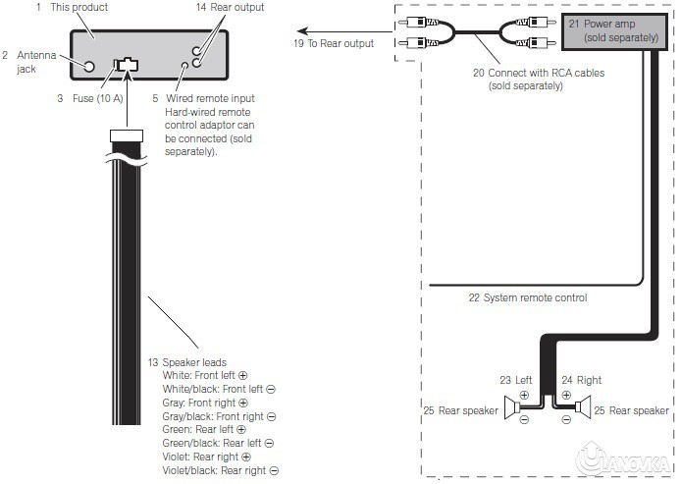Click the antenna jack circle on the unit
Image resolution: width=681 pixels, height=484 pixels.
89,67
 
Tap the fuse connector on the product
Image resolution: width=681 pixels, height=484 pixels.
126,65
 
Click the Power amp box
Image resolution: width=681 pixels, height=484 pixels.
614,31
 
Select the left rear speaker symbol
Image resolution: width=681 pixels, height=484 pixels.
512,408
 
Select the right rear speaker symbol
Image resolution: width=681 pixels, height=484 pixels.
583,407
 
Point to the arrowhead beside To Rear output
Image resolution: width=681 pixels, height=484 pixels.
302,31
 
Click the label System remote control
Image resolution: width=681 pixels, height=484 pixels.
528,297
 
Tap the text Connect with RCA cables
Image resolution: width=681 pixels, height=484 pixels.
539,73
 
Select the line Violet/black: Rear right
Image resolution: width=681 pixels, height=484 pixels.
220,470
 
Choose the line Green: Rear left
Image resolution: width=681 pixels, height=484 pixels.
204,429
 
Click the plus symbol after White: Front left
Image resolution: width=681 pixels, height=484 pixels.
242,375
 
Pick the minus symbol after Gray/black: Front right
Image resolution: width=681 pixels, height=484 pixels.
272,416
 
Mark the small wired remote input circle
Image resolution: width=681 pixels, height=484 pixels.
184,66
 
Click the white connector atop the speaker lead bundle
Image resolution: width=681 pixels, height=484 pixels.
127,135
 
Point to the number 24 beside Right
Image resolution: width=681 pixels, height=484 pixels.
567,380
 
